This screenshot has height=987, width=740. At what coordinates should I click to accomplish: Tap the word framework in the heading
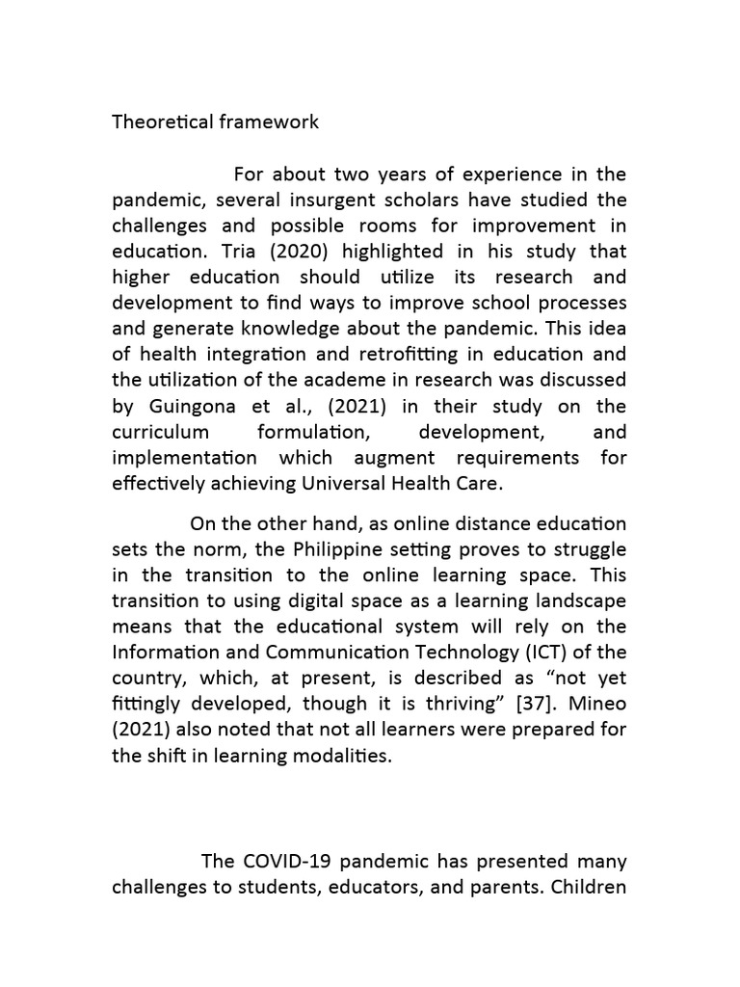(x=270, y=122)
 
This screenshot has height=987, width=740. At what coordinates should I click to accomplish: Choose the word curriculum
(x=162, y=432)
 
